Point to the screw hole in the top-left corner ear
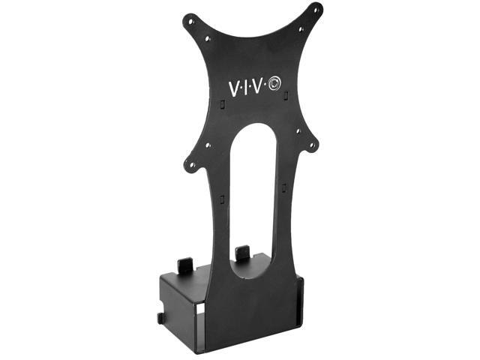pyautogui.click(x=190, y=20)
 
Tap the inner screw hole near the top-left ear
pyautogui.click(x=208, y=35)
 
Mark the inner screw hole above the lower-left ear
pyautogui.click(x=208, y=144)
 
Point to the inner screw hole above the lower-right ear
pyautogui.click(x=298, y=130)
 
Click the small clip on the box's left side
pyautogui.click(x=160, y=318)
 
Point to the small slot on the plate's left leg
pyautogui.click(x=222, y=199)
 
